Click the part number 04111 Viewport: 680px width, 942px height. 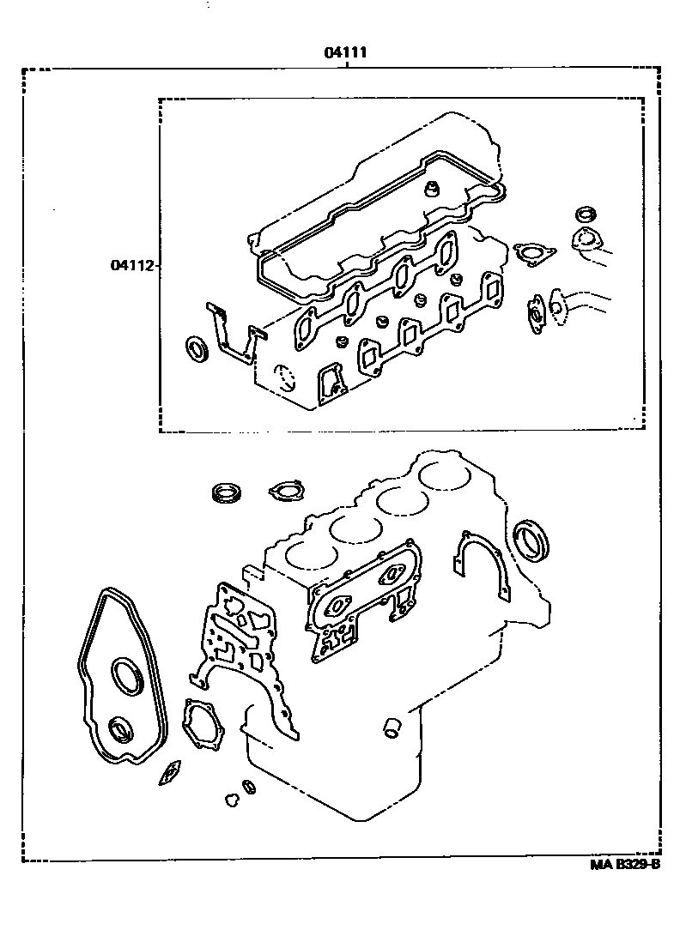point(346,52)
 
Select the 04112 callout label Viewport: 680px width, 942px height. point(131,265)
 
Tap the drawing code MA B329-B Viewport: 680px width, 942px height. point(624,864)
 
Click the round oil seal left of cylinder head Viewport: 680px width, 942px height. point(198,349)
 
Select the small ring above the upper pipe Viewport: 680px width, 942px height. point(585,213)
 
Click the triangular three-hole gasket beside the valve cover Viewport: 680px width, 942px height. point(534,253)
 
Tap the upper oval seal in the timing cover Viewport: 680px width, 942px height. point(129,674)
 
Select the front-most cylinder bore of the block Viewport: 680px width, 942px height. point(307,555)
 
